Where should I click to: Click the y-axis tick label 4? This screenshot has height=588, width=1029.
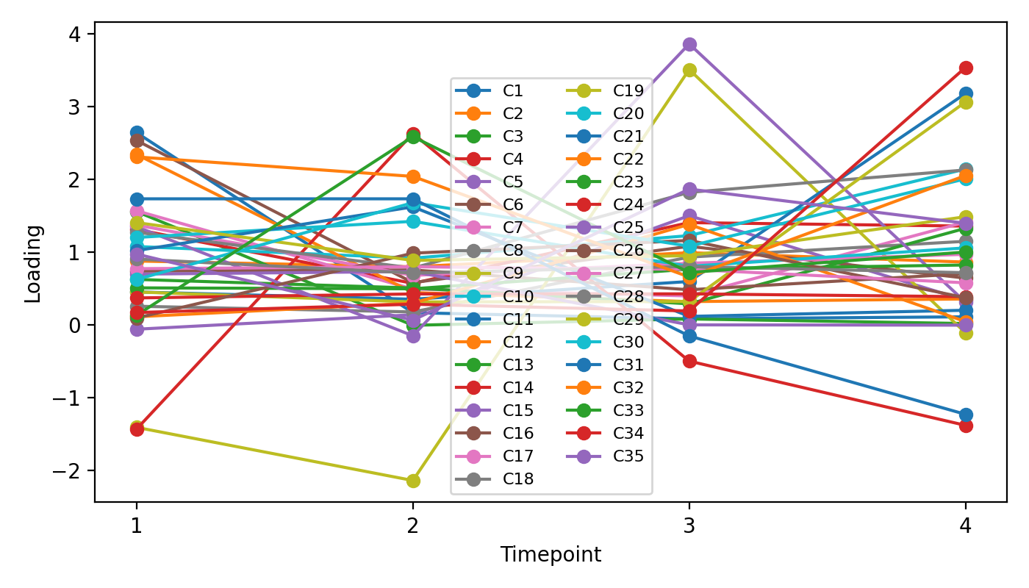click(79, 35)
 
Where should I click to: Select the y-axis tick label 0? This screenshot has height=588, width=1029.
click(79, 326)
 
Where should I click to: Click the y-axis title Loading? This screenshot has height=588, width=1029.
click(33, 264)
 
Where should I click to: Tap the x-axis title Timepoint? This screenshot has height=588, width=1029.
click(551, 555)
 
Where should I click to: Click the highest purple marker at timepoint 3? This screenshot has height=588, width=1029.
click(689, 45)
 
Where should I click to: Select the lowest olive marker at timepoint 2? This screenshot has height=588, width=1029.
click(413, 481)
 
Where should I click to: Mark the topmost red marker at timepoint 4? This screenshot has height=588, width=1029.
click(966, 68)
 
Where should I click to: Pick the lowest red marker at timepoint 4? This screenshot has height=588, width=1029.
click(966, 426)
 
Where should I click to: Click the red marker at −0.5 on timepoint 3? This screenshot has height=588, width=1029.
click(689, 362)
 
